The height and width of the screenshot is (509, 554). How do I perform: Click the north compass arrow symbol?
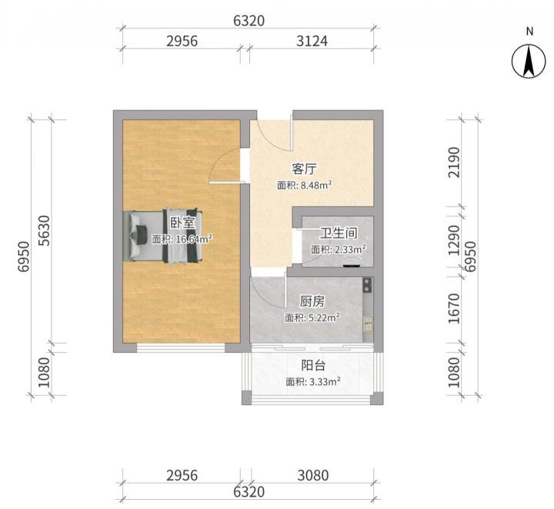click(x=529, y=61)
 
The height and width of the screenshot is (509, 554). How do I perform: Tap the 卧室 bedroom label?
click(x=182, y=223)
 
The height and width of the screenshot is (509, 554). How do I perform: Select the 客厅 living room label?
click(x=304, y=169)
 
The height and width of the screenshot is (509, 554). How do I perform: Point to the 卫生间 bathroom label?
click(x=339, y=233)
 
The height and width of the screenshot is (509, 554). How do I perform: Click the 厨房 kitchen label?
click(x=312, y=301)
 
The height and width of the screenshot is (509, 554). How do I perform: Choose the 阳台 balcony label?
click(x=313, y=365)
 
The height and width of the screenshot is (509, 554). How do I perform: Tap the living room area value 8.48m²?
click(x=316, y=185)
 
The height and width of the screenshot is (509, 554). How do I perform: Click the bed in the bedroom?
click(x=163, y=236)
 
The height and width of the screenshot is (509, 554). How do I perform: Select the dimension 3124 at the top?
click(x=312, y=42)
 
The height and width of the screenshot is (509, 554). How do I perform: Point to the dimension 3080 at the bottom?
click(x=312, y=475)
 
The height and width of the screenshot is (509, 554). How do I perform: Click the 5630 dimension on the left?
click(x=45, y=231)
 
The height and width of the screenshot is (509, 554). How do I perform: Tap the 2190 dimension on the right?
click(x=454, y=162)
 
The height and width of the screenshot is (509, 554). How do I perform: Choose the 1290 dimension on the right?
click(x=454, y=240)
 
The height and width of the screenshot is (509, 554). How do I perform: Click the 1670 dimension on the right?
click(x=454, y=308)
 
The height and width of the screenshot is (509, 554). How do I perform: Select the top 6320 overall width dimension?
click(x=249, y=21)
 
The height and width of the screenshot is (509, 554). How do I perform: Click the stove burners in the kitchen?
click(x=368, y=285)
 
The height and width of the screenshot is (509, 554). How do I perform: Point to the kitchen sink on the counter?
click(x=368, y=324)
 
